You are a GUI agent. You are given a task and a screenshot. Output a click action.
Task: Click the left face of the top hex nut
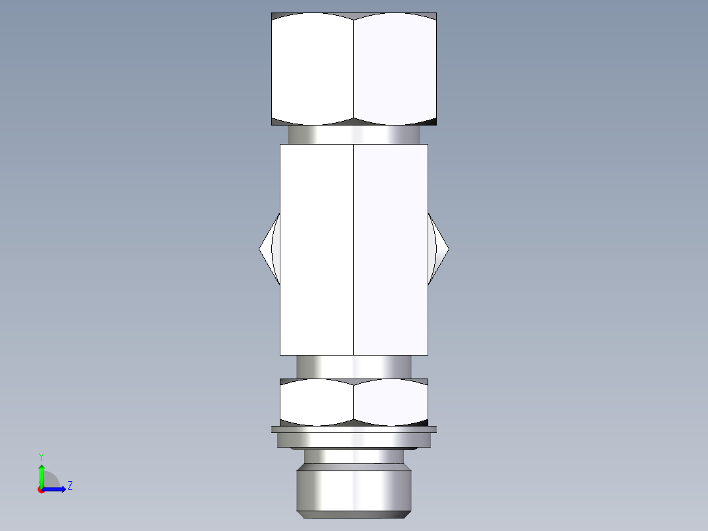click(x=313, y=69)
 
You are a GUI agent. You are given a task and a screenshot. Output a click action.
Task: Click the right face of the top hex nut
click(x=395, y=69)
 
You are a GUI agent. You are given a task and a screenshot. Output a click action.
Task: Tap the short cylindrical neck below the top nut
click(x=354, y=135)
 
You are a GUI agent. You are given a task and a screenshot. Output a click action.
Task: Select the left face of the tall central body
click(x=317, y=250)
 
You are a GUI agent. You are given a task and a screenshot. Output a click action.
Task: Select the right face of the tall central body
click(x=391, y=250)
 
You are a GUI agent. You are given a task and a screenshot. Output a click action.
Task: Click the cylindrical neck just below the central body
click(x=354, y=366)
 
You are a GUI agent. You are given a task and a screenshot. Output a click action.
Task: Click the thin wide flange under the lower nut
click(x=354, y=430)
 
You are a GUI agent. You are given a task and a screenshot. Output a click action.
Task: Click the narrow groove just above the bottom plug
click(x=354, y=456)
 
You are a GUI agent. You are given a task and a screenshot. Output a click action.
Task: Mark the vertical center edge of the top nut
click(x=354, y=69)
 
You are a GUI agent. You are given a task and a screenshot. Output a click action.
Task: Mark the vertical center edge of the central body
click(x=354, y=250)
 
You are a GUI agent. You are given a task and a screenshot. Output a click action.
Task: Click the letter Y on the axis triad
click(x=41, y=457)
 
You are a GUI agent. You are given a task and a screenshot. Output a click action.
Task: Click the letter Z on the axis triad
click(x=70, y=486)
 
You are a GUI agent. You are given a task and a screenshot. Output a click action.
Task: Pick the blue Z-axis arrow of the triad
click(x=55, y=489)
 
